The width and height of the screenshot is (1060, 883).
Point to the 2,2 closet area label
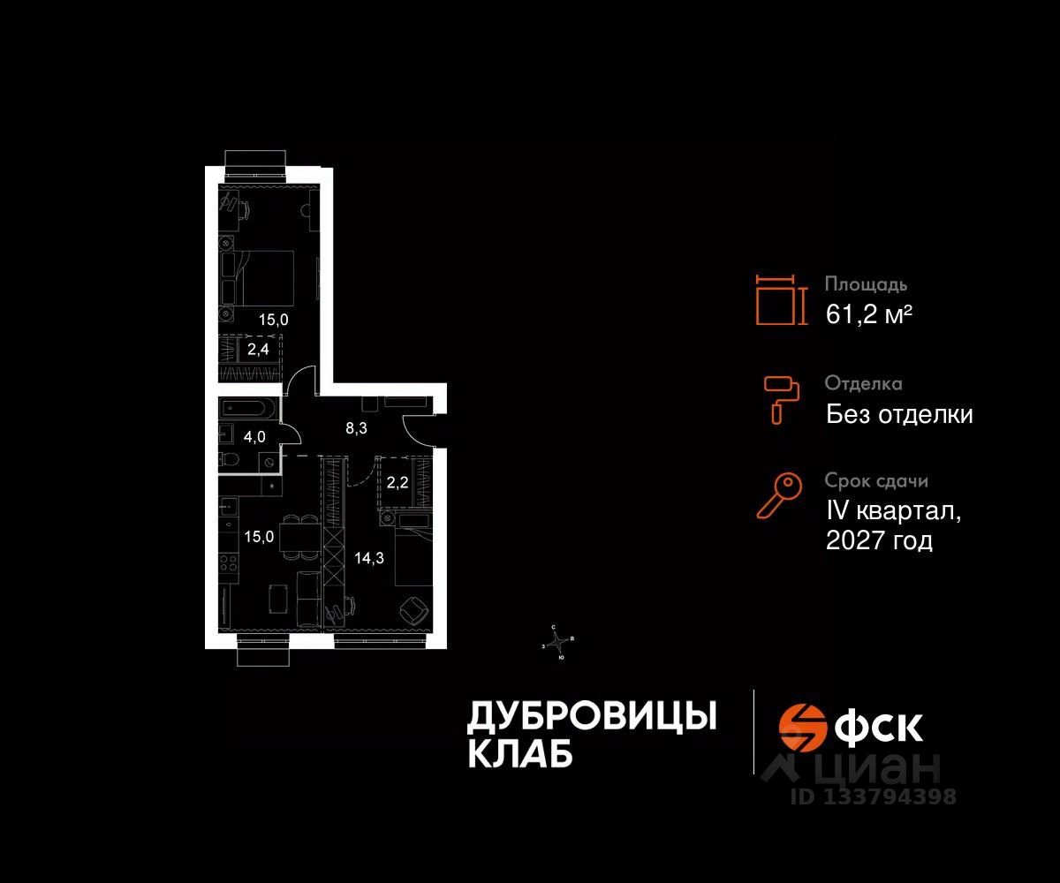tap(397, 483)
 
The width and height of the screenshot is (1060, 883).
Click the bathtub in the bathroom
tap(248, 409)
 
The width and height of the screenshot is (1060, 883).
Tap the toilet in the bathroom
tap(229, 459)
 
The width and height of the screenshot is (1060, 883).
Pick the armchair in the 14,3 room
tap(413, 609)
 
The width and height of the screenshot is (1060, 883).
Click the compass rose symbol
tap(558, 642)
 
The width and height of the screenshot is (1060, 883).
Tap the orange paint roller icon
tap(780, 398)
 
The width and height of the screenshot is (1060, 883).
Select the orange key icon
tap(779, 496)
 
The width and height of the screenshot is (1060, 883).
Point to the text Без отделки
tap(899, 414)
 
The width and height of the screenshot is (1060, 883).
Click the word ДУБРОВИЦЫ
tap(591, 716)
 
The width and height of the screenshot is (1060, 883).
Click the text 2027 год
tap(879, 540)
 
